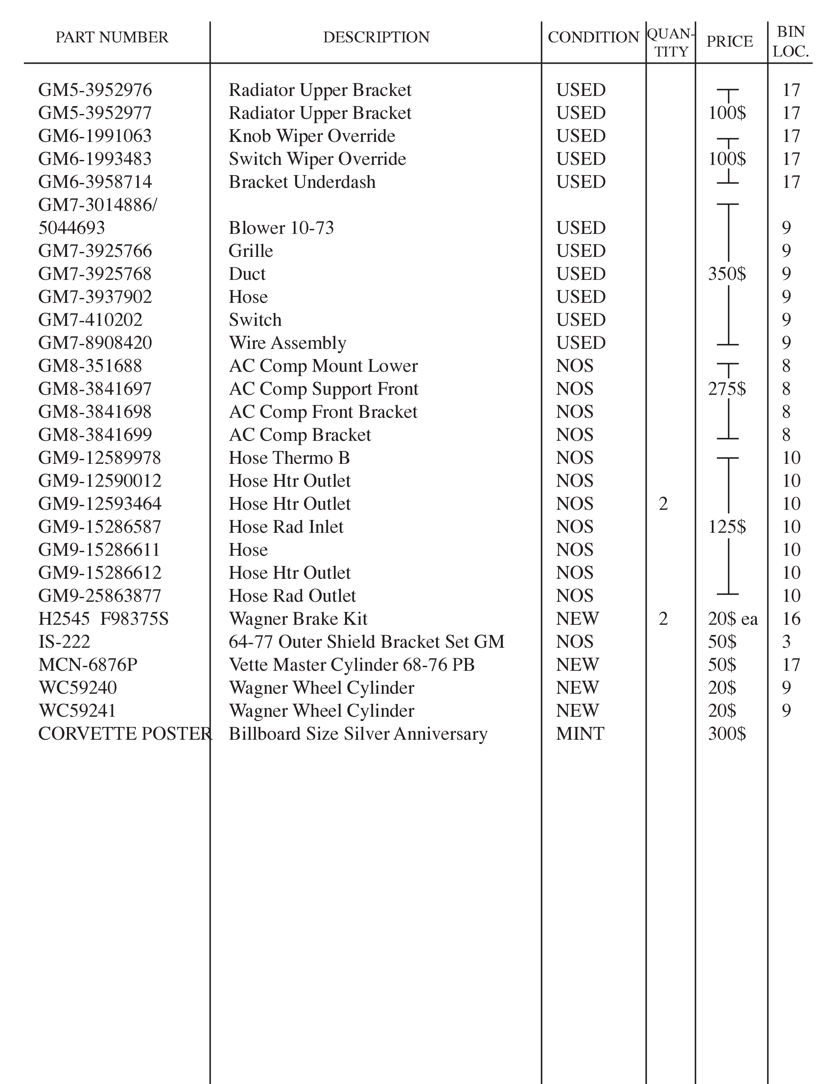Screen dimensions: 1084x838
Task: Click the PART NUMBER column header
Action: (112, 37)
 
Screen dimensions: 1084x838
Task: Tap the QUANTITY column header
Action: (671, 43)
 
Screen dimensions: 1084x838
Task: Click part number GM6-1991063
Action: (95, 136)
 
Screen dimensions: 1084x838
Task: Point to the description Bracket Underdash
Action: (302, 182)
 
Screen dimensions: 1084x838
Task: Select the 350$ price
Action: (727, 274)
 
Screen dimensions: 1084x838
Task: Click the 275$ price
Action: (727, 389)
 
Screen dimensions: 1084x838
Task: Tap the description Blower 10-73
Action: (281, 228)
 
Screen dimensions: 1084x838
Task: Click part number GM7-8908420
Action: (95, 343)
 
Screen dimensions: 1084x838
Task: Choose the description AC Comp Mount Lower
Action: (323, 366)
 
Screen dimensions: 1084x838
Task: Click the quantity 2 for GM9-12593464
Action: (663, 504)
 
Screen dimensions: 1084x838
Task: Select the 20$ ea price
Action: (733, 619)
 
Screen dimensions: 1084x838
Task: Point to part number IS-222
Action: (64, 642)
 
